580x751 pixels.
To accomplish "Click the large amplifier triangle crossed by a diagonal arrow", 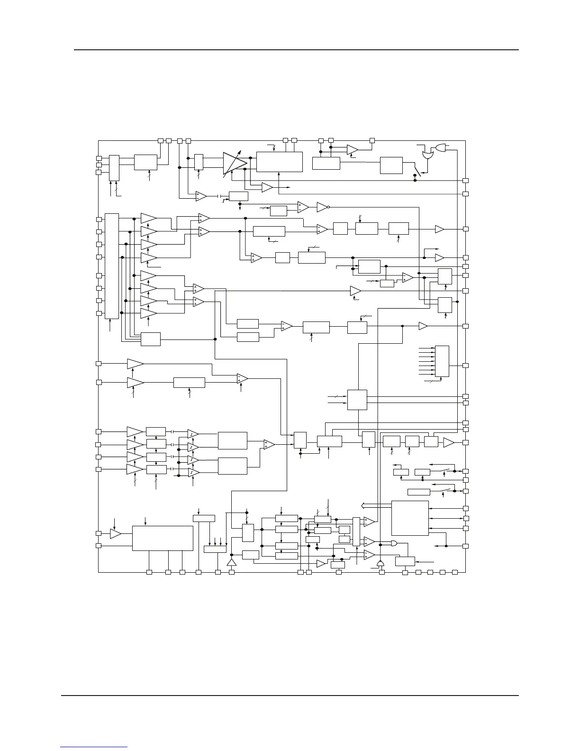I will tap(234, 163).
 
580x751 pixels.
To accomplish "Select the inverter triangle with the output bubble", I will tap(322, 207).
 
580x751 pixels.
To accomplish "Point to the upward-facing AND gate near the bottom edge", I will tap(380, 564).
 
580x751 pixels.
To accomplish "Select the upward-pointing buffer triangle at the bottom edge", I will tap(232, 562).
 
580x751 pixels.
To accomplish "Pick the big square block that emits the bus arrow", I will tap(410, 518).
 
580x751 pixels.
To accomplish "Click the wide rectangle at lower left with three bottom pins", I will tap(163, 538).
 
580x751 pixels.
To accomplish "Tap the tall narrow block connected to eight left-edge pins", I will tap(111, 266).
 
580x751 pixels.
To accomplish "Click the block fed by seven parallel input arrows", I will tap(442, 361).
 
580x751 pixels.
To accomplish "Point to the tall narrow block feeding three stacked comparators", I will tap(356, 531).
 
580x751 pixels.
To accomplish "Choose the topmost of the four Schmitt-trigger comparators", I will tap(193, 434).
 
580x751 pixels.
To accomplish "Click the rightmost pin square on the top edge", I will tap(372, 140).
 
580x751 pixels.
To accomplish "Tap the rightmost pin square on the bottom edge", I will tap(454, 572).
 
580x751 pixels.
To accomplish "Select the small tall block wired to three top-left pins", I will tap(114, 167).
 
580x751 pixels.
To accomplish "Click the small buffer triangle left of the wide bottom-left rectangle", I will tap(115, 533).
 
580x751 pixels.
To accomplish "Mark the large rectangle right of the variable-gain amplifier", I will tap(279, 162).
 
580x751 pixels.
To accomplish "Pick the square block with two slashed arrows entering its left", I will tap(357, 399).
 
